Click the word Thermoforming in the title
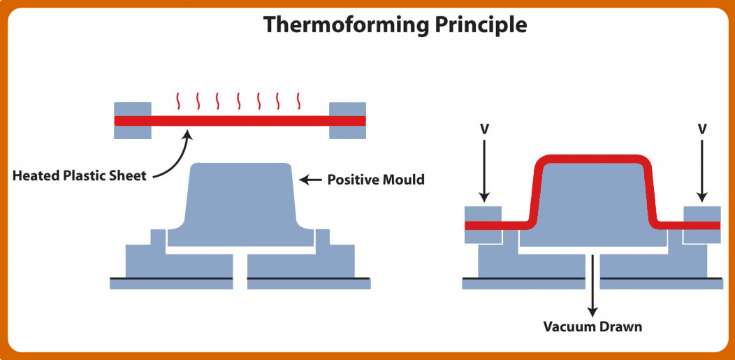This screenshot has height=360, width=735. click(345, 24)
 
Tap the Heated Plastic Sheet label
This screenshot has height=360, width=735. click(79, 177)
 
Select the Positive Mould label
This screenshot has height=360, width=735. click(376, 180)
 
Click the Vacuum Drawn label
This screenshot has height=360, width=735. click(592, 326)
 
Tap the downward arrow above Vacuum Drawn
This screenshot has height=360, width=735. click(593, 285)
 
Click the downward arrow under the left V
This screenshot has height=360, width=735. click(485, 171)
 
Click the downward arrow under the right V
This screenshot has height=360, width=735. click(701, 171)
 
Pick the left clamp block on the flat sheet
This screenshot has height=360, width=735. click(133, 120)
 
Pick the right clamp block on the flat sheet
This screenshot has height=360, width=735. click(347, 120)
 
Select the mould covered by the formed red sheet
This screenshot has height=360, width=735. click(593, 204)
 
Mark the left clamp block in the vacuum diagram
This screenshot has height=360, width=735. click(483, 225)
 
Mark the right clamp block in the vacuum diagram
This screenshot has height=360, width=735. click(701, 225)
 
